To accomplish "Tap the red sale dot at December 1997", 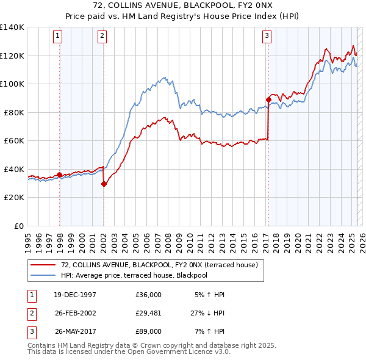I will (x=59, y=175).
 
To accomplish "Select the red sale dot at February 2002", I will (x=104, y=184).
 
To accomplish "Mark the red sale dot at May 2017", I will (x=268, y=99).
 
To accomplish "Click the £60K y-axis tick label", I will (x=14, y=141).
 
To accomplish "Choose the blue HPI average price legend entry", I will (x=143, y=275).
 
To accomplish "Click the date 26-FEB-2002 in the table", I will (x=75, y=313).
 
